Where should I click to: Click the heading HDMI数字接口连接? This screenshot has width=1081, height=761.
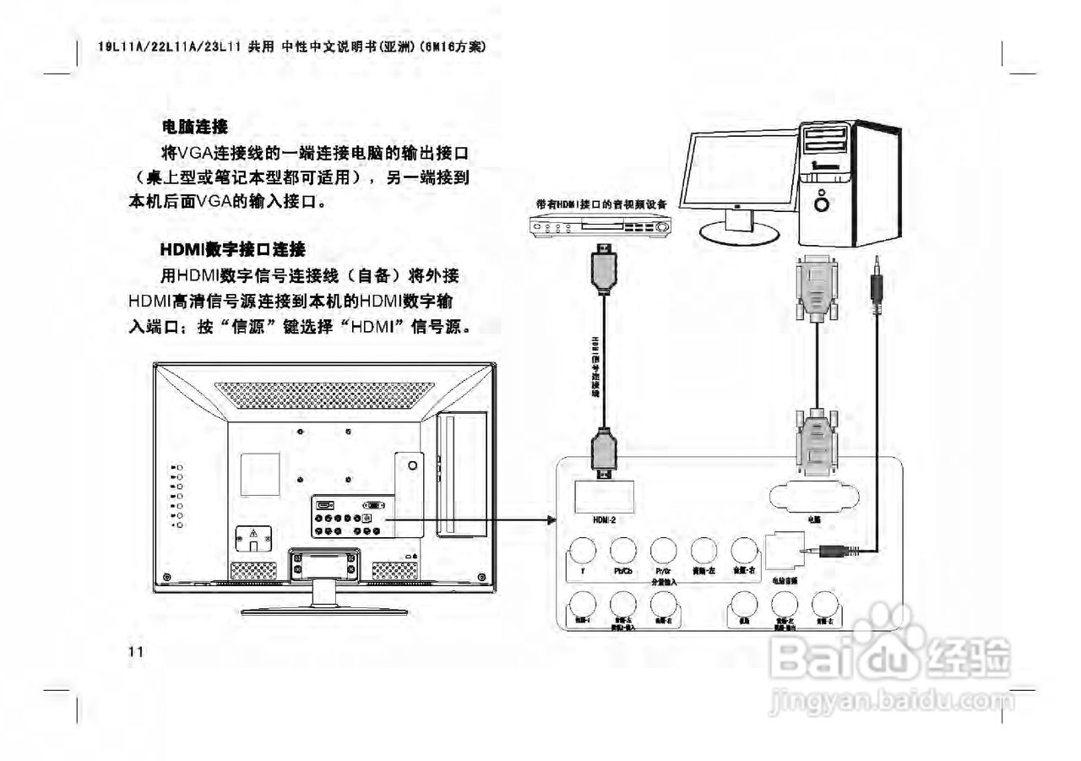click(x=233, y=250)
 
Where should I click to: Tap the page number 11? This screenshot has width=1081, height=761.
click(x=137, y=651)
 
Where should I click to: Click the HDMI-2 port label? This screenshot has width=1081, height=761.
click(x=604, y=520)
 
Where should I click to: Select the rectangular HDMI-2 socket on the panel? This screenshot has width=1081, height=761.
click(x=605, y=496)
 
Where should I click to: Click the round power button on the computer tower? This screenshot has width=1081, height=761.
click(x=822, y=203)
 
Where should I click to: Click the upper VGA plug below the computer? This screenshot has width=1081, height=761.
click(x=817, y=287)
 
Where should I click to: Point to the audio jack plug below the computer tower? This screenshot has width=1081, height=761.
click(x=877, y=291)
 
